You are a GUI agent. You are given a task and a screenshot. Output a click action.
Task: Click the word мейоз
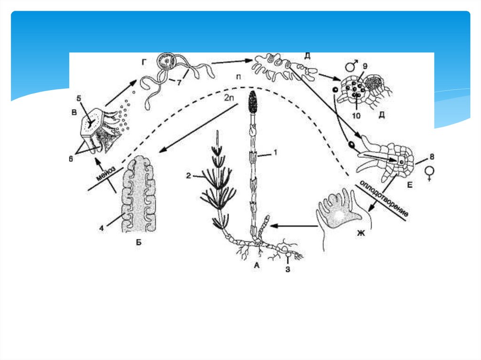[106, 174]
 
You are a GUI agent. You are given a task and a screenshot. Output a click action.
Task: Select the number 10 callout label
[356, 115]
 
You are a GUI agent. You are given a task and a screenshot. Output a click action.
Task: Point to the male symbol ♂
[351, 66]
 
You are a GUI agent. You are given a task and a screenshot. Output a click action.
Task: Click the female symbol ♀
[430, 174]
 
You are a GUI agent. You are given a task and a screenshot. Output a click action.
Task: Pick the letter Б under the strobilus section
[139, 242]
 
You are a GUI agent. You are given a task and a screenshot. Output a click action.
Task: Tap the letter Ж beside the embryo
[361, 234]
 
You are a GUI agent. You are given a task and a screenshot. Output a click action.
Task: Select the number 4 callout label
[101, 228]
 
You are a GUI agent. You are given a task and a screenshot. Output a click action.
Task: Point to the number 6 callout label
[71, 159]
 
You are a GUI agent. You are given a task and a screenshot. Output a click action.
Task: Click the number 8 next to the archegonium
[432, 157]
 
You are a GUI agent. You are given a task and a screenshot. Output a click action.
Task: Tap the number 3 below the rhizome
[287, 269]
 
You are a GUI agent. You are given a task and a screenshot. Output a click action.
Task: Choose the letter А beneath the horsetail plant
[257, 266]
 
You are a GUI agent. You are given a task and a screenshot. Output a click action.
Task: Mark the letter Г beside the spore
[144, 62]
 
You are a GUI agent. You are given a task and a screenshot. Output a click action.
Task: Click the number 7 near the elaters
[179, 83]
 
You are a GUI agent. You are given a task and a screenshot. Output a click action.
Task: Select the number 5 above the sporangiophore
[79, 98]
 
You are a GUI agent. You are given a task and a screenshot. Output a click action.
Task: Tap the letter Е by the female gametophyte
[410, 185]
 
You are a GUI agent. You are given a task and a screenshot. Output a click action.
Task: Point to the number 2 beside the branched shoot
[189, 176]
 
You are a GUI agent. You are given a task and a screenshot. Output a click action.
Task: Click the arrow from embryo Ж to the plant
[294, 226]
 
